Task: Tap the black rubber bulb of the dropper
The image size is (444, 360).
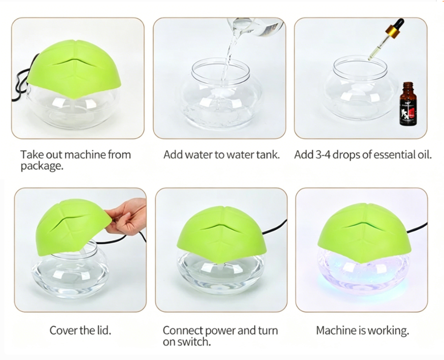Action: (x=399, y=24)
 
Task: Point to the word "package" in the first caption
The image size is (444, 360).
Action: (x=42, y=167)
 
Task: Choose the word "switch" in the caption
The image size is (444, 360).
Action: (x=192, y=342)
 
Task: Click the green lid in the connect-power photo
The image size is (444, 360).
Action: (x=222, y=231)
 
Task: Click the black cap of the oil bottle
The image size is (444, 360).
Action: (x=407, y=86)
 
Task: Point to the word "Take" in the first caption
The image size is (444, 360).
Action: (x=31, y=155)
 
